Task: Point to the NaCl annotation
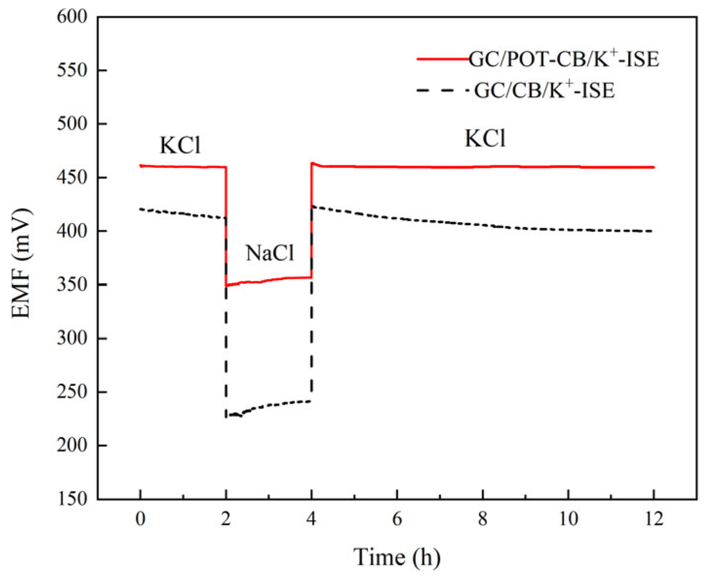coord(270,253)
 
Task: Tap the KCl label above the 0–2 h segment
coord(180,145)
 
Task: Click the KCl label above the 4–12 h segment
coord(485,139)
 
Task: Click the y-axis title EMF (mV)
coord(21,263)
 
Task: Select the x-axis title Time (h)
coord(396,557)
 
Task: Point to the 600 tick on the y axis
coord(72,17)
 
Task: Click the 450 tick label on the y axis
coord(72,178)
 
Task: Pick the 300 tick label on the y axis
coord(72,338)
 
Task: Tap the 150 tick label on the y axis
coord(72,499)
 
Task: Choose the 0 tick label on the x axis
coord(140,519)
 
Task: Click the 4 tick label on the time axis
coord(311,519)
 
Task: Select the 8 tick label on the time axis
coord(482,519)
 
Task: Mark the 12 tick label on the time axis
coord(653,519)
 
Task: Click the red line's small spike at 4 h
coord(313,164)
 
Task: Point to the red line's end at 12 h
coord(653,167)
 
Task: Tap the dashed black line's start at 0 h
coord(141,209)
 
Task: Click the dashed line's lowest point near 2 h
coord(227,416)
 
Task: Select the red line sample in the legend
coord(442,59)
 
